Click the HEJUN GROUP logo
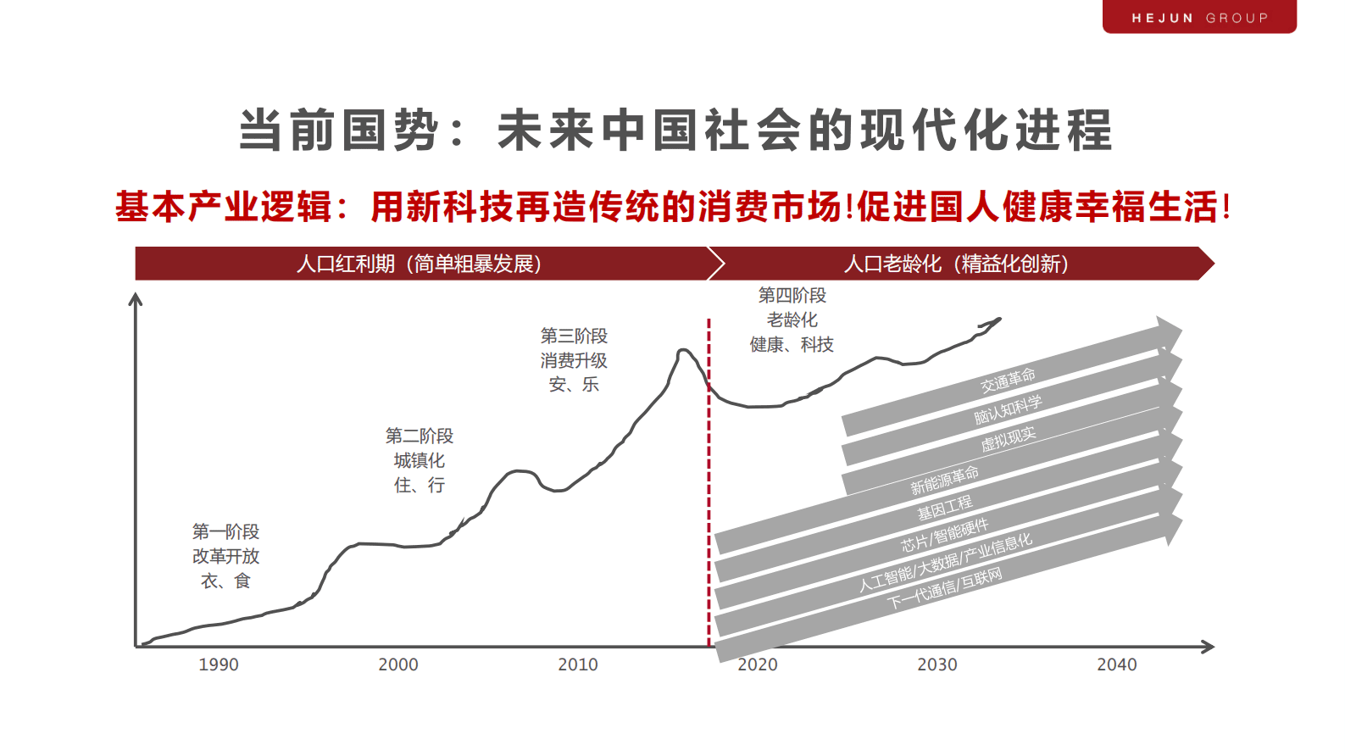1199,18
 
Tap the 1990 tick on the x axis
219,664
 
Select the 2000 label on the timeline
398,664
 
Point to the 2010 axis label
578,664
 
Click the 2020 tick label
758,664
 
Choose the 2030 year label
937,664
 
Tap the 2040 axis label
1117,664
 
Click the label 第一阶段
225,531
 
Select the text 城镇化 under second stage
419,460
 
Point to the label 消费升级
574,360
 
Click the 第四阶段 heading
792,295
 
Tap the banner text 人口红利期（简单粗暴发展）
419,264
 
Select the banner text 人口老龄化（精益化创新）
956,264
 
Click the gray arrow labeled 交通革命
1008,381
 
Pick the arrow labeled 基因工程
945,507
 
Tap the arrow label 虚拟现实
1008,439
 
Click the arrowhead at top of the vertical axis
135,299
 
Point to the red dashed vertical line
709,509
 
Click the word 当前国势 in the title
339,131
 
